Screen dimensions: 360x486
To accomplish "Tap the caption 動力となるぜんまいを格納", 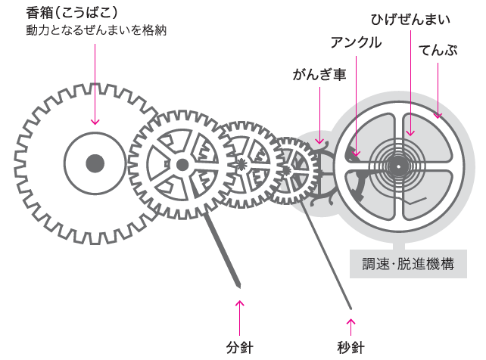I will [96, 32].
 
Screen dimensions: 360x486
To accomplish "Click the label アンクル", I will [356, 42].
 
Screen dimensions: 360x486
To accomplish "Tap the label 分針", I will [240, 348].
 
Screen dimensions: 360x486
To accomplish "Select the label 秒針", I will [351, 348].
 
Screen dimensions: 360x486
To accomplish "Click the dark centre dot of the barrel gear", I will [95, 163].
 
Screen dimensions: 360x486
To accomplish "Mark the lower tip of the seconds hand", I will [350, 307].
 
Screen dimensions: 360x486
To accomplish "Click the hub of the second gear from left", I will [182, 163].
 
